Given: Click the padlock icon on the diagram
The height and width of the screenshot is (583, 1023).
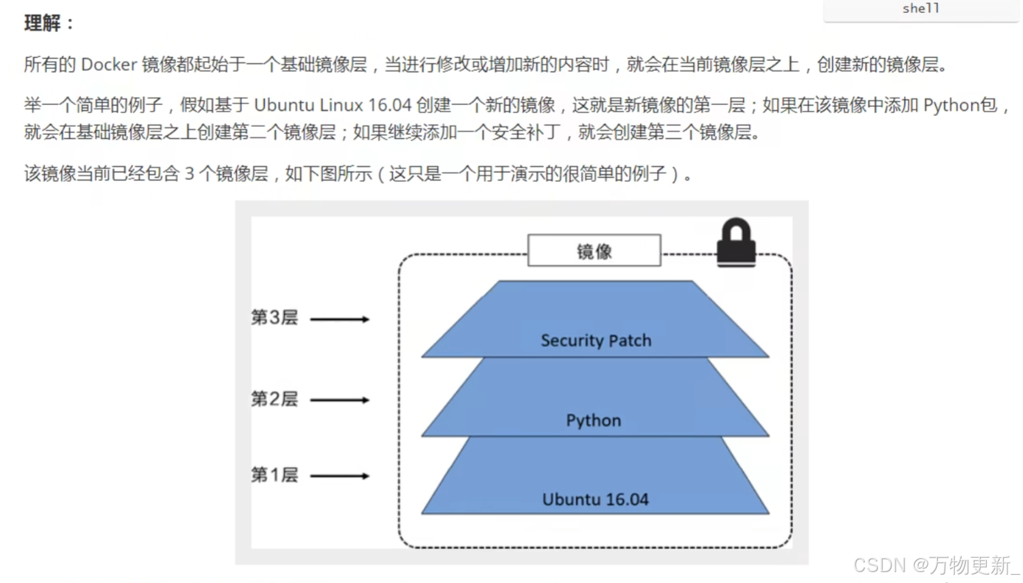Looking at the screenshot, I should point(736,243).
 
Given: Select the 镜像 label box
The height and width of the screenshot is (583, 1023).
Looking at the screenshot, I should point(594,251).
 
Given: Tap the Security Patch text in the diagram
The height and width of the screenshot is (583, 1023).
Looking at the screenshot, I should point(596,340).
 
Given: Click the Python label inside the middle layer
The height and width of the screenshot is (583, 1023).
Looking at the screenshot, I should point(594,420).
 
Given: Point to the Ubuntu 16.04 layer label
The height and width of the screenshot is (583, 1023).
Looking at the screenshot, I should point(595,499).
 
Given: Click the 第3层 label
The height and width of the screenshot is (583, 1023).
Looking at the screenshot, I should point(274,318).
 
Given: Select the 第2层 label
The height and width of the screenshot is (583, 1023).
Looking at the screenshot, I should point(274,399).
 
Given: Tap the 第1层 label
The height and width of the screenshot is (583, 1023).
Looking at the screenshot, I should point(274,475).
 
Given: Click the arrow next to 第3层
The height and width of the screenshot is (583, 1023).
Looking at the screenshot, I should point(339,319).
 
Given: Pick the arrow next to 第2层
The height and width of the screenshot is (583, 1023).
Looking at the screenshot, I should point(339,400).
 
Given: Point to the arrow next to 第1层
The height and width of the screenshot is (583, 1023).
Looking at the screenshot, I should point(339,476).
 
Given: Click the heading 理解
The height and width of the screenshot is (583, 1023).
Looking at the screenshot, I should point(43,23).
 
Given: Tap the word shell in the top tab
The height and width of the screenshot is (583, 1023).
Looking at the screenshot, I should point(921,8).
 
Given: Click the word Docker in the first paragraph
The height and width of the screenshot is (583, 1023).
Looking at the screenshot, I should point(109,64).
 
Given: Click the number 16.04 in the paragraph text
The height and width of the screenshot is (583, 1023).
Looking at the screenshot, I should point(389,105).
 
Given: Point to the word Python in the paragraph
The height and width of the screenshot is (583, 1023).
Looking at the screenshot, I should point(951,105).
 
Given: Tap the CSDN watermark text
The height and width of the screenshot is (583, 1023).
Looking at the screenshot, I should point(880,565).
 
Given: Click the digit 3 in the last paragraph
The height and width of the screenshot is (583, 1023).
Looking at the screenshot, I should point(189,174).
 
